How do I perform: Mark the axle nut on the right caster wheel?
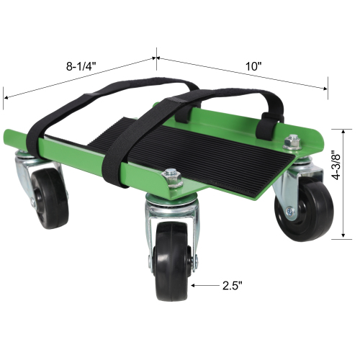[290, 212]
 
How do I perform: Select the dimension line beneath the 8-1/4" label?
[79, 76]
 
